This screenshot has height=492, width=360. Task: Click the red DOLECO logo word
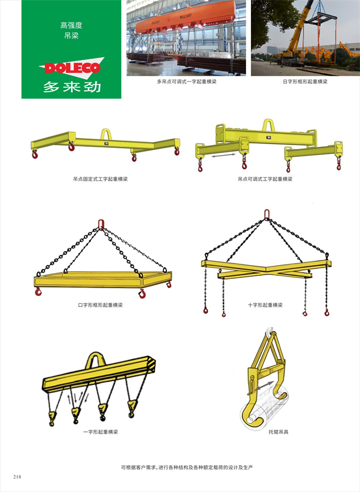point(73,68)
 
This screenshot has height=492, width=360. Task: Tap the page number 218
point(17,476)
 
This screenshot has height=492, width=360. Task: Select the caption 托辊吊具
point(278,432)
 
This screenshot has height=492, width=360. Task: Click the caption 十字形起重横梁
point(265,305)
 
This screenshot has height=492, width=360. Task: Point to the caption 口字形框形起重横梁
point(100,305)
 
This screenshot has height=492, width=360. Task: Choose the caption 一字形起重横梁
point(100,432)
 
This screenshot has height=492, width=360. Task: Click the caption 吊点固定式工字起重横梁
point(100,179)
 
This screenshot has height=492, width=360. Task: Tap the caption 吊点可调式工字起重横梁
point(265,179)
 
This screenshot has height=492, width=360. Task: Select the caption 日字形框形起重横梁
point(305,82)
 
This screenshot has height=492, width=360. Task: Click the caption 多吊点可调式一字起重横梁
point(186,82)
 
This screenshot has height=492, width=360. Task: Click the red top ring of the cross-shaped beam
point(267,215)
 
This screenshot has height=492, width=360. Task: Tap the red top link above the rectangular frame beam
point(101,224)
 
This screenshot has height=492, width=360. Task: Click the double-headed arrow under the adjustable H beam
point(224,155)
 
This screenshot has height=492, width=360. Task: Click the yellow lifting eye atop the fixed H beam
point(106,134)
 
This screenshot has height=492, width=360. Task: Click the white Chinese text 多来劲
point(72,87)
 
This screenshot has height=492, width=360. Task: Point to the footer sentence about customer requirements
point(187,467)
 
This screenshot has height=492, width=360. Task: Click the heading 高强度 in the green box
point(71,25)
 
